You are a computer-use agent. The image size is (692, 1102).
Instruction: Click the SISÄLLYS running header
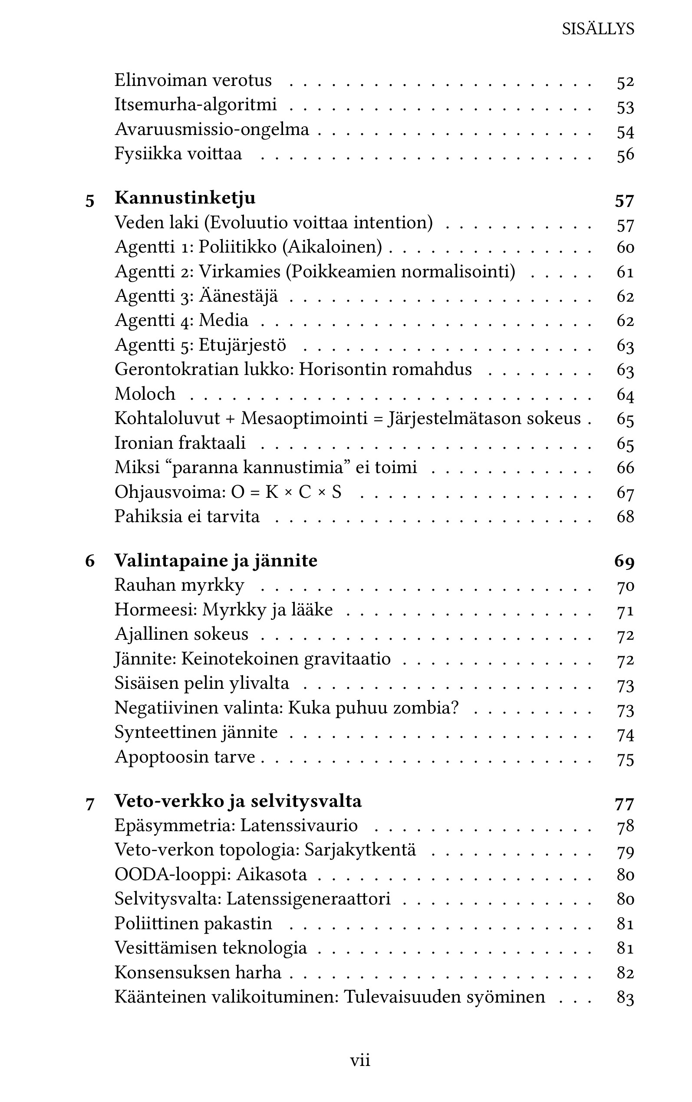598,29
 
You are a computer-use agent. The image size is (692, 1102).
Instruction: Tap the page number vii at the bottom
360,1060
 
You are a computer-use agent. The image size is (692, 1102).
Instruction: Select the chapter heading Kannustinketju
185,197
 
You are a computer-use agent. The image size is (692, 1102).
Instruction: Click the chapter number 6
90,561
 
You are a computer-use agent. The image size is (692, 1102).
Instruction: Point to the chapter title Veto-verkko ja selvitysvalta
238,801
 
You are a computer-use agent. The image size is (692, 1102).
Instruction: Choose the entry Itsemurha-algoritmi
195,104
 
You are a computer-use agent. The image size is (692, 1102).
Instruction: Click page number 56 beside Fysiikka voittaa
625,154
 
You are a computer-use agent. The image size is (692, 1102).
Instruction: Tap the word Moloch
145,394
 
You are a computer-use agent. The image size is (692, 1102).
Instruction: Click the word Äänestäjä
238,296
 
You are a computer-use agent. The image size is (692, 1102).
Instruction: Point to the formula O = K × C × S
287,492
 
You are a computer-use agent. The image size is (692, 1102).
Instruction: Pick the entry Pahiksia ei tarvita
187,516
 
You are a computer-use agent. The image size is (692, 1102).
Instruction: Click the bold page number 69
624,561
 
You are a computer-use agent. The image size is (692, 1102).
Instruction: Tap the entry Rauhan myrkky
179,585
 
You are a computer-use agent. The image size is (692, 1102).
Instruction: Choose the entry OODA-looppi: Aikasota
211,875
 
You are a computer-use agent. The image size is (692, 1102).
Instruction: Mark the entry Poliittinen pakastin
193,924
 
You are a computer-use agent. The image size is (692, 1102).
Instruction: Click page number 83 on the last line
625,997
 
